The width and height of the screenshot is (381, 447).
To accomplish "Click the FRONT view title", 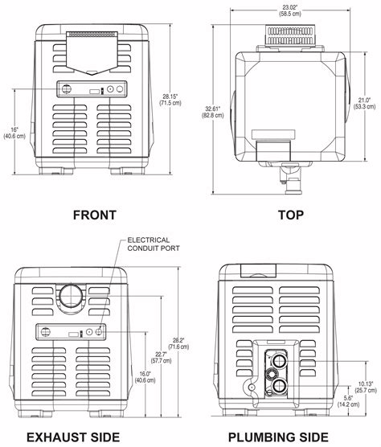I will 94,215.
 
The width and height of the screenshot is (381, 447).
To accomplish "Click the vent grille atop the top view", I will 289,33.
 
